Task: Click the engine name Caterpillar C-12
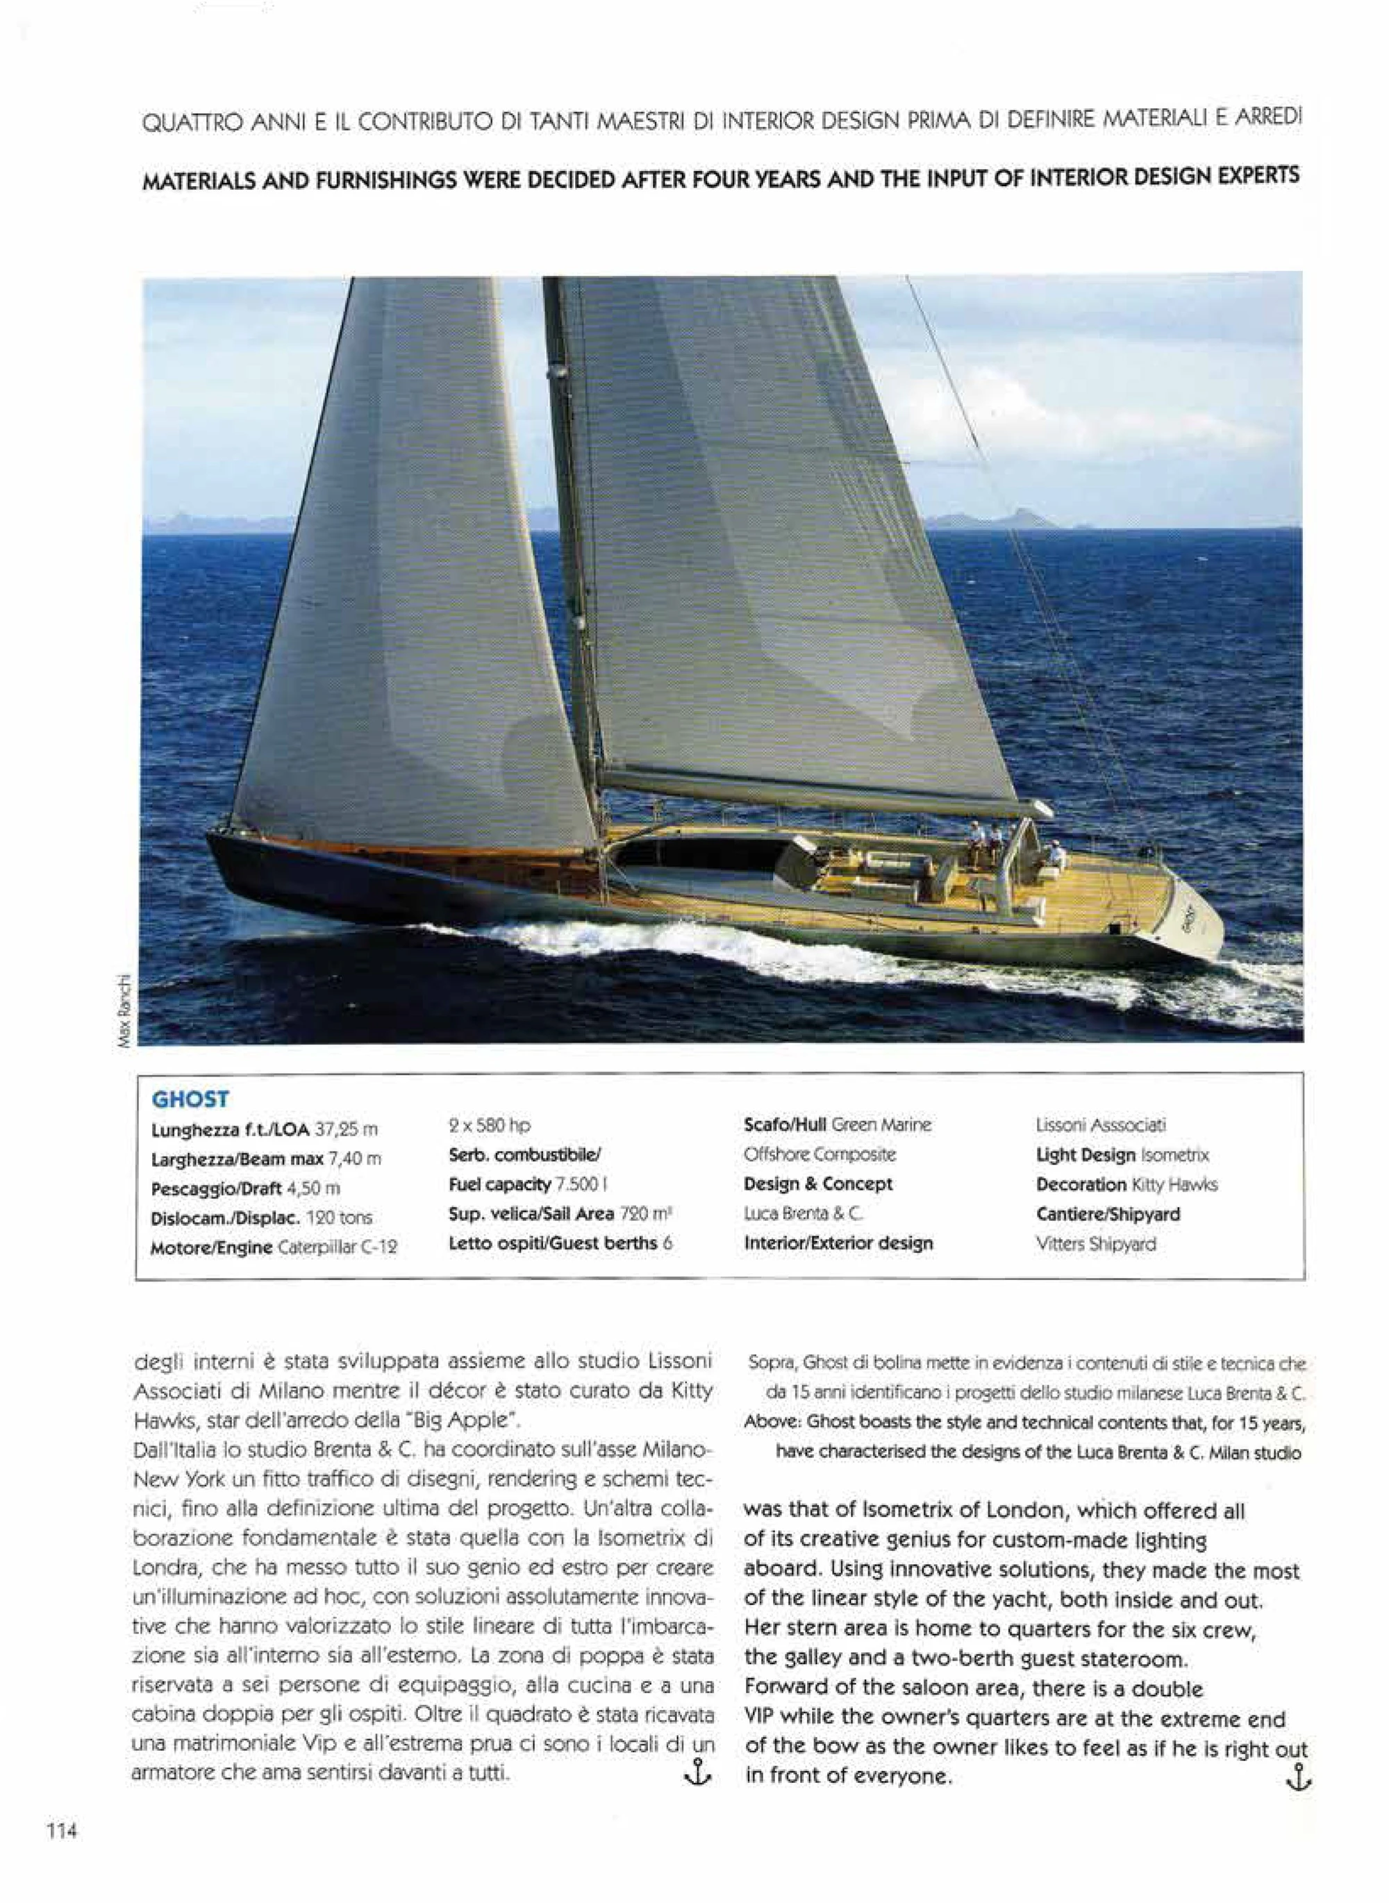pyautogui.click(x=336, y=1248)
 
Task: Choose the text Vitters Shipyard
pyautogui.click(x=1095, y=1244)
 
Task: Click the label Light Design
pyautogui.click(x=1086, y=1156)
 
